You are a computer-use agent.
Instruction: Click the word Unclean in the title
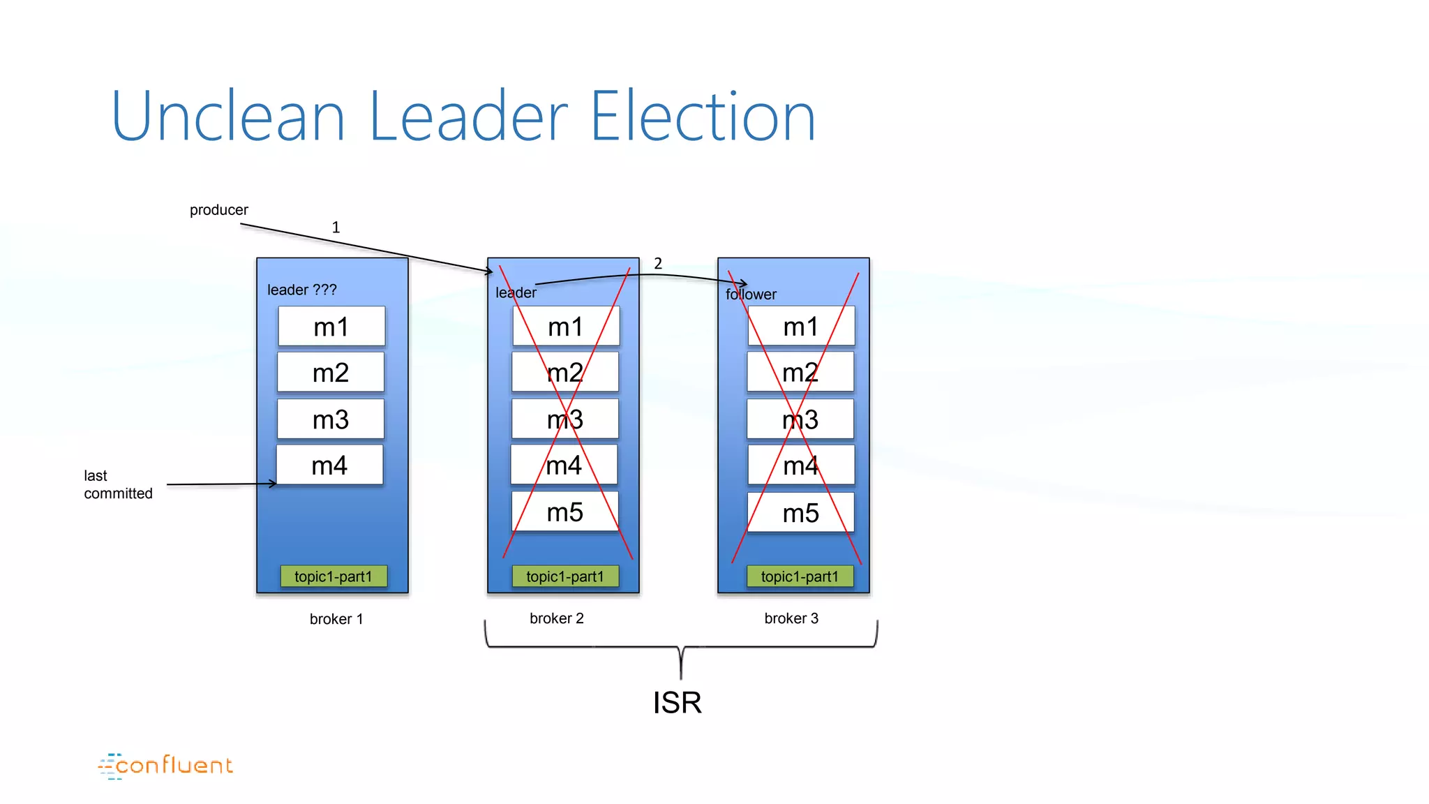pyautogui.click(x=227, y=117)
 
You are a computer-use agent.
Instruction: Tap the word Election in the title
pyautogui.click(x=703, y=117)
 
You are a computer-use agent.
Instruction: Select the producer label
pyautogui.click(x=218, y=210)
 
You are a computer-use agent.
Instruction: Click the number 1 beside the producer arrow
pyautogui.click(x=336, y=228)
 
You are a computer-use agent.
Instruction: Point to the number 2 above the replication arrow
pyautogui.click(x=658, y=264)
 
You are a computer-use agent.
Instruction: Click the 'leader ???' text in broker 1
pyautogui.click(x=301, y=290)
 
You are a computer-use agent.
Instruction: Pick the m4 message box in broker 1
pyautogui.click(x=329, y=466)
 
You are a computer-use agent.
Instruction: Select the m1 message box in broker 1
pyautogui.click(x=331, y=327)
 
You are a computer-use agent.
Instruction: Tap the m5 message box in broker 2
pyautogui.click(x=565, y=512)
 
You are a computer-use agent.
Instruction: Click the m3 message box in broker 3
pyautogui.click(x=800, y=419)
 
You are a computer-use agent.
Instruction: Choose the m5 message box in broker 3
pyautogui.click(x=801, y=513)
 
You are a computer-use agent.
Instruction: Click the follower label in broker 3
pyautogui.click(x=751, y=295)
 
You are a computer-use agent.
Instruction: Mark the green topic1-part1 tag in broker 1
pyautogui.click(x=334, y=576)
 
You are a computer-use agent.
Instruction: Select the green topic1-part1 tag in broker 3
pyautogui.click(x=800, y=576)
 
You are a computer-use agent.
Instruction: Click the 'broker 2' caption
pyautogui.click(x=557, y=618)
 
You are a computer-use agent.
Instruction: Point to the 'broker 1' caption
pyautogui.click(x=336, y=619)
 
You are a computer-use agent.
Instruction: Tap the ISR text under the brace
pyautogui.click(x=677, y=702)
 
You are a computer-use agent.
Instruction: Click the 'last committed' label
pyautogui.click(x=118, y=484)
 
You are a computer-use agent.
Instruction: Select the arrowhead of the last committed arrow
pyautogui.click(x=273, y=484)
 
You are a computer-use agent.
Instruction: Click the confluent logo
pyautogui.click(x=166, y=766)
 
